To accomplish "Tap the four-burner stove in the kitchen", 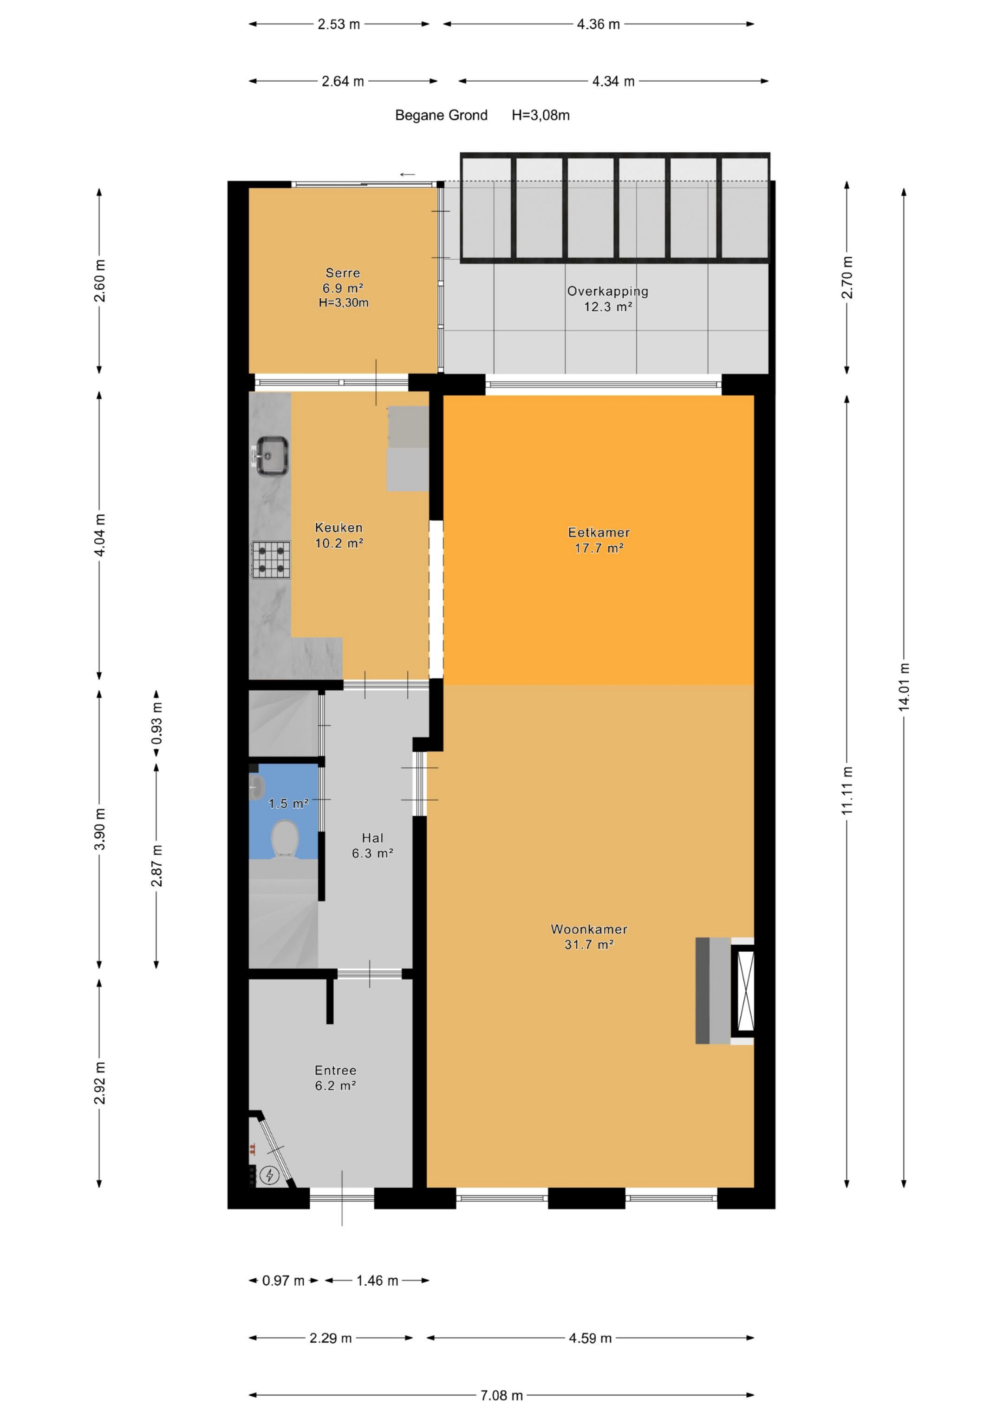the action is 271,559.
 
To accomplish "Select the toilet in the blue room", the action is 285,839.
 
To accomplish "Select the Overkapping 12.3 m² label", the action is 607,299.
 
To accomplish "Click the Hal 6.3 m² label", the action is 373,845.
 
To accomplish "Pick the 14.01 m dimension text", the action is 904,687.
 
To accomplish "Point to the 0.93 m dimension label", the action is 156,722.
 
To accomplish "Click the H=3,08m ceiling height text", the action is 541,115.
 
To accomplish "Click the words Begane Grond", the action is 441,115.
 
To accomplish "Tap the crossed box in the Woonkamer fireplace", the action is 743,991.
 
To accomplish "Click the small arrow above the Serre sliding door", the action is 408,174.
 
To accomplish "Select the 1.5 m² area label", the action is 288,804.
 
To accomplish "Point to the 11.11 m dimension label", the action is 847,791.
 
